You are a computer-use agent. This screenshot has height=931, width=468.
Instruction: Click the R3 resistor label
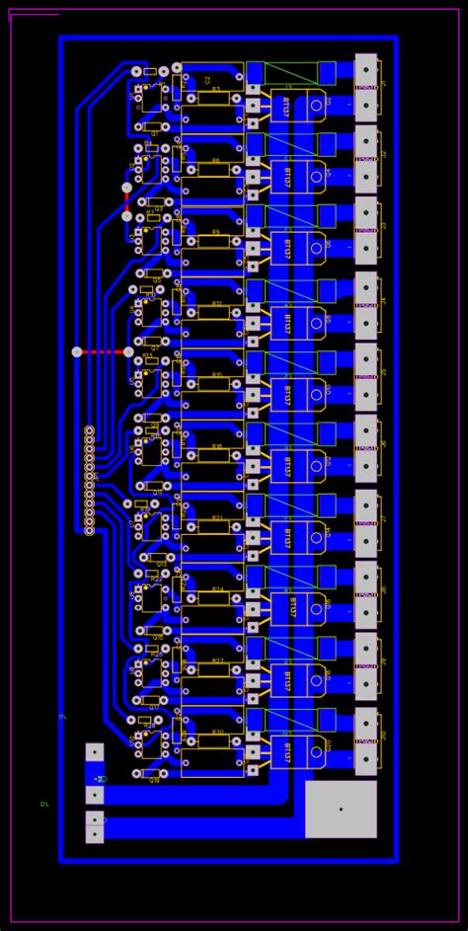[x=216, y=89]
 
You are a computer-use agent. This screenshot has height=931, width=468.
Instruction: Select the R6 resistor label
[x=216, y=161]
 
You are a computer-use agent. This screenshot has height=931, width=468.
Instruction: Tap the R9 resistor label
[x=216, y=232]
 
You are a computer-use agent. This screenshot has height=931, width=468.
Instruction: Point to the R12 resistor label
[x=216, y=304]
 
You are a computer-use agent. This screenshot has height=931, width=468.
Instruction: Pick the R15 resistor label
[x=216, y=375]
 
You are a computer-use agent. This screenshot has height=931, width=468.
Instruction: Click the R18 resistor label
[x=216, y=446]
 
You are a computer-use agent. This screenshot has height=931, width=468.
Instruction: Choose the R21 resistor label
[x=216, y=518]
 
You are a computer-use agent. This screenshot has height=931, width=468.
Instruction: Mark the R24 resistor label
[x=216, y=589]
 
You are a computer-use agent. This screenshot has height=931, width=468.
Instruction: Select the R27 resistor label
[x=216, y=660]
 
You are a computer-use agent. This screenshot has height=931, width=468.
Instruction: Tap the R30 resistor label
[x=216, y=733]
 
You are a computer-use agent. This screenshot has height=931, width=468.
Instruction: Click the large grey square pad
[x=341, y=809]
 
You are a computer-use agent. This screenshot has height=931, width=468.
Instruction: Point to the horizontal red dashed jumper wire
[x=103, y=351]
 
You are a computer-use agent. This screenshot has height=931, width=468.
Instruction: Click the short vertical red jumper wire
[x=126, y=201]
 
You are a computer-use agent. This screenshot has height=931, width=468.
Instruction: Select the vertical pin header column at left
[x=89, y=481]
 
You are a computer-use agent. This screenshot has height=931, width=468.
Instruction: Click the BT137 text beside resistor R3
[x=286, y=106]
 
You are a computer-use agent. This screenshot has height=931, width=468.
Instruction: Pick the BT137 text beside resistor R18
[x=286, y=465]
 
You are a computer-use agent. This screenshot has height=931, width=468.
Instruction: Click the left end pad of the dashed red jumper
[x=77, y=351]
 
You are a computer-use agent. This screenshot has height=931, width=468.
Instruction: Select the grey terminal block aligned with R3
[x=365, y=87]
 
